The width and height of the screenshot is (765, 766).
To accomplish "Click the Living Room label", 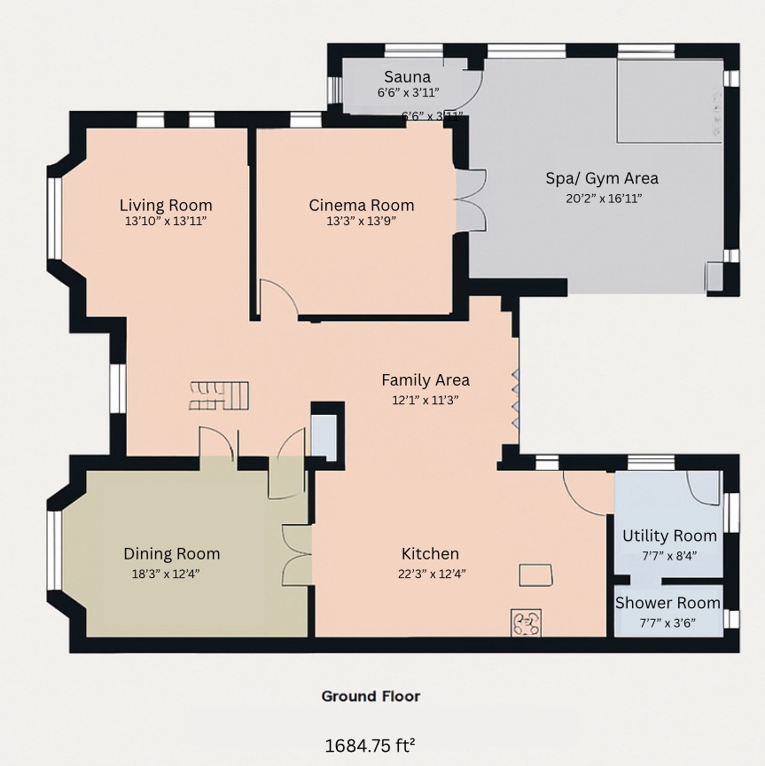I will coord(166,206).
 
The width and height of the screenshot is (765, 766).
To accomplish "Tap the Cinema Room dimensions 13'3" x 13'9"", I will coord(361,222).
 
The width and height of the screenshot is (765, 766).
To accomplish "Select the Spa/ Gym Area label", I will coord(602,178).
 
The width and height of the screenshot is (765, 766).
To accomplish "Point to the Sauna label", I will coord(408,77).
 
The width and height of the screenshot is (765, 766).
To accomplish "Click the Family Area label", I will coord(425,379).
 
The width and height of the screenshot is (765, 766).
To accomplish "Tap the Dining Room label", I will coord(171,554).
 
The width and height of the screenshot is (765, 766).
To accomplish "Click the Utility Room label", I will coord(669,535).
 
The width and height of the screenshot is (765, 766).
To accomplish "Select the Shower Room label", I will coord(667,603).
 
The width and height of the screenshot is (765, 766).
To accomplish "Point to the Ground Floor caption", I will coord(371,696).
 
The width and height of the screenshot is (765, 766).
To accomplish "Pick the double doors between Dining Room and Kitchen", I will coord(297,554).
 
